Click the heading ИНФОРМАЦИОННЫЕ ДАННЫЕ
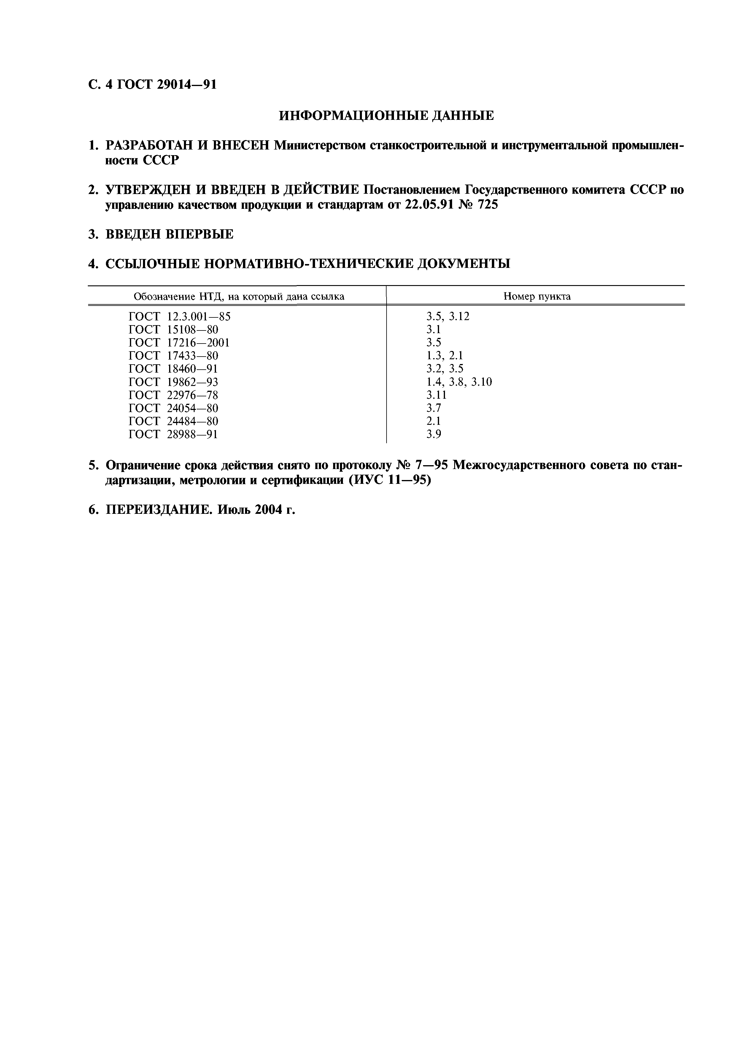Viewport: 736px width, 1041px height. tap(386, 116)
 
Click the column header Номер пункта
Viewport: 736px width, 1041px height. tap(537, 297)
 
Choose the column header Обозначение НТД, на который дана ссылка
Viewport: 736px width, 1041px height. tap(239, 297)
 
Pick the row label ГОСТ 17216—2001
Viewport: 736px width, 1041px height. tap(179, 343)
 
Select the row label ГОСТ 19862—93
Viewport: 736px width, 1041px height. tap(173, 382)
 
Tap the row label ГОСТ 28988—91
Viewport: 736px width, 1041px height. tap(173, 434)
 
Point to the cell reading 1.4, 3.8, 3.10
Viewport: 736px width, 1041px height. tap(459, 382)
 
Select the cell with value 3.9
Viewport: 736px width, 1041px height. tap(433, 434)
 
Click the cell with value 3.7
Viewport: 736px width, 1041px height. tap(433, 408)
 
